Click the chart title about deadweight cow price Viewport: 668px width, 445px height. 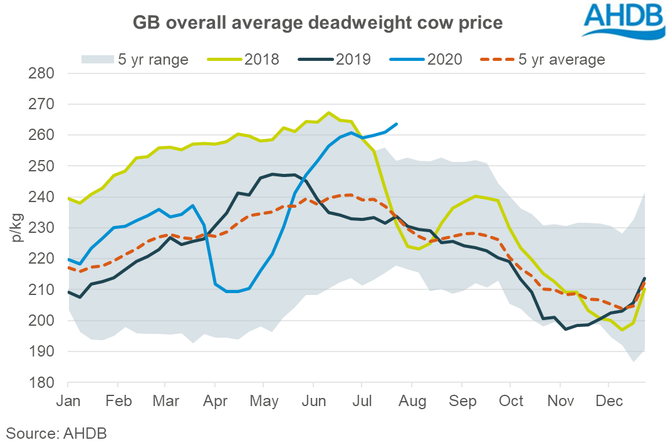[x=318, y=23]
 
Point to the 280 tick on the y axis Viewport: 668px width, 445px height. [x=43, y=73]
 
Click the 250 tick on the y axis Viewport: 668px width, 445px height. [x=43, y=166]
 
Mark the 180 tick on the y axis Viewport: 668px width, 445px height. [x=43, y=383]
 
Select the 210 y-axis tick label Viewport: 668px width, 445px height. [x=43, y=290]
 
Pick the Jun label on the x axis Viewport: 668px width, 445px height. [x=313, y=400]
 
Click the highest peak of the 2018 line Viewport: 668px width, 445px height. [x=329, y=113]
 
